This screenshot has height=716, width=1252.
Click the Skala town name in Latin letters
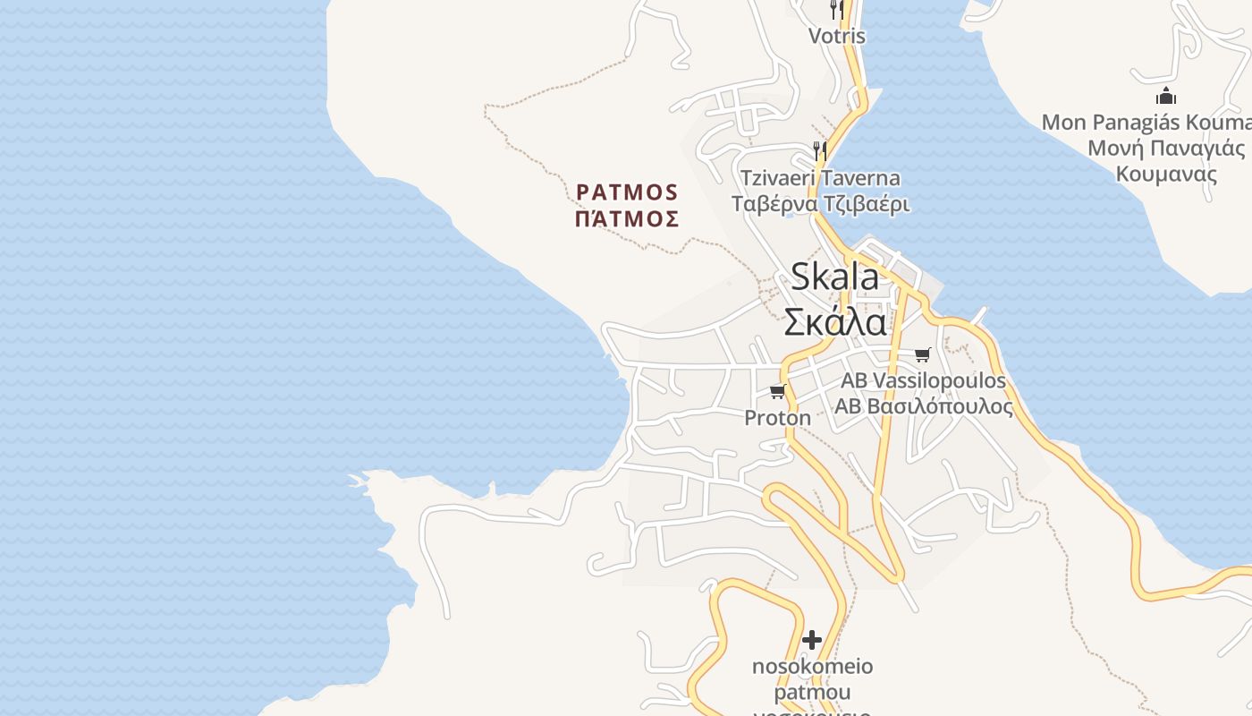pyautogui.click(x=834, y=277)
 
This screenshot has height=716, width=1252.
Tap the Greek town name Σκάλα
pyautogui.click(x=835, y=321)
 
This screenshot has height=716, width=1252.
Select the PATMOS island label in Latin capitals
pyautogui.click(x=628, y=192)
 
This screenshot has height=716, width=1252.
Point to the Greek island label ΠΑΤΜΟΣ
pyautogui.click(x=628, y=218)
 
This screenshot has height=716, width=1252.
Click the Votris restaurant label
pyautogui.click(x=837, y=36)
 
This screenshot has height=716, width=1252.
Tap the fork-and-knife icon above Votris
pyautogui.click(x=837, y=10)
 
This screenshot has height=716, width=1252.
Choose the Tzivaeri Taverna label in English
pyautogui.click(x=820, y=178)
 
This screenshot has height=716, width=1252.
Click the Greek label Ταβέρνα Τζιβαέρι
pyautogui.click(x=820, y=204)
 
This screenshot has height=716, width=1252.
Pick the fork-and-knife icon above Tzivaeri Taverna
pyautogui.click(x=819, y=149)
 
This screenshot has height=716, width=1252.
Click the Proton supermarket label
pyautogui.click(x=778, y=418)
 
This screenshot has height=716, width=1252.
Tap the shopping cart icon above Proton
pyautogui.click(x=777, y=391)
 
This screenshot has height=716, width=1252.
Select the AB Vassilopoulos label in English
pyautogui.click(x=923, y=380)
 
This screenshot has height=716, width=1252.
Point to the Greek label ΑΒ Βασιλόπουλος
pyautogui.click(x=923, y=406)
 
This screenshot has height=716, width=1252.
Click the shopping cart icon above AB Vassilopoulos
pyautogui.click(x=922, y=354)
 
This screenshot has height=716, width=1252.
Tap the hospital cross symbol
pyautogui.click(x=812, y=640)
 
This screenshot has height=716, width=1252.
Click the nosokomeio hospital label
pyautogui.click(x=812, y=667)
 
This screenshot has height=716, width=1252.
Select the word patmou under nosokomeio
pyautogui.click(x=812, y=693)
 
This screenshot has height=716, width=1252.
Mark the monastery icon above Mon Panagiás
pyautogui.click(x=1166, y=96)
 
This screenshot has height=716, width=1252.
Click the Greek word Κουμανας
pyautogui.click(x=1166, y=174)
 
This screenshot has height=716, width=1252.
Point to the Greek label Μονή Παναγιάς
pyautogui.click(x=1166, y=148)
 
